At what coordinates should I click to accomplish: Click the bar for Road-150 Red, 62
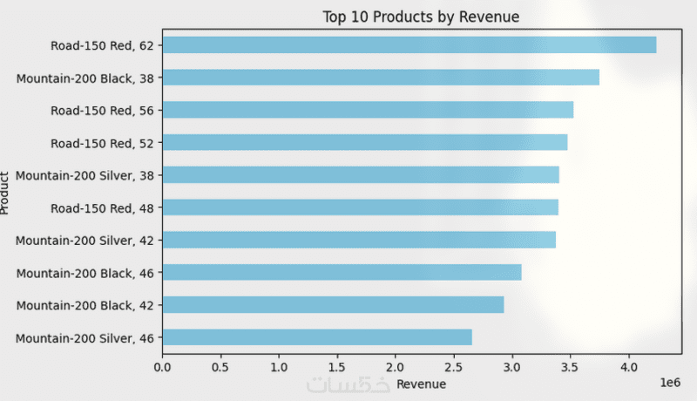(x=409, y=44)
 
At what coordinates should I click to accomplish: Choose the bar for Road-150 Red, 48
(x=360, y=207)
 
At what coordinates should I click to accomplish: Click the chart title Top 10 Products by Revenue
(x=421, y=17)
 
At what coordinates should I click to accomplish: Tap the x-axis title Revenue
(x=421, y=384)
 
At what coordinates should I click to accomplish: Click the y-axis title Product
(x=6, y=193)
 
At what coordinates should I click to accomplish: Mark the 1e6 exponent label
(x=667, y=383)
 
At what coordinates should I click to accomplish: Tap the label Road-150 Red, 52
(x=102, y=142)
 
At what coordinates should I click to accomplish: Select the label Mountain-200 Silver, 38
(x=85, y=174)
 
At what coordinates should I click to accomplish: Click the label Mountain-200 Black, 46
(x=85, y=272)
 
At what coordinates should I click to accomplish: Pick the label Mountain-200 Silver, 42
(x=85, y=240)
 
